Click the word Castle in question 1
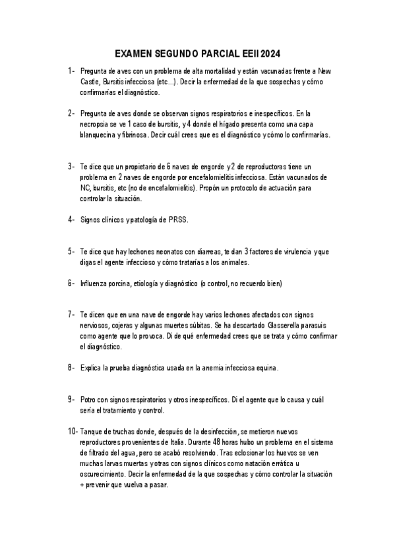click(x=90, y=82)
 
